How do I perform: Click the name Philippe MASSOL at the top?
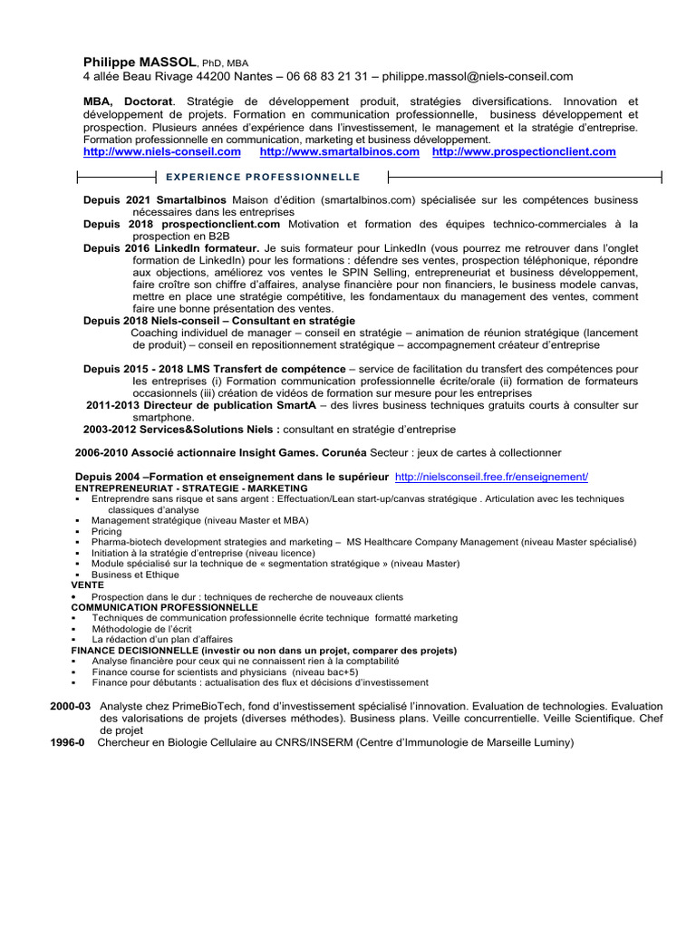(x=140, y=62)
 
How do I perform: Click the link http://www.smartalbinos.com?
(x=339, y=152)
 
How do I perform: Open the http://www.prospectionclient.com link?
(x=524, y=152)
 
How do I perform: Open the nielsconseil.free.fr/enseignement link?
(x=492, y=477)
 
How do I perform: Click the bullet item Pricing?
(x=106, y=532)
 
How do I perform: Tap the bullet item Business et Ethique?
(x=135, y=575)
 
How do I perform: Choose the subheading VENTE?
(x=88, y=585)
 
